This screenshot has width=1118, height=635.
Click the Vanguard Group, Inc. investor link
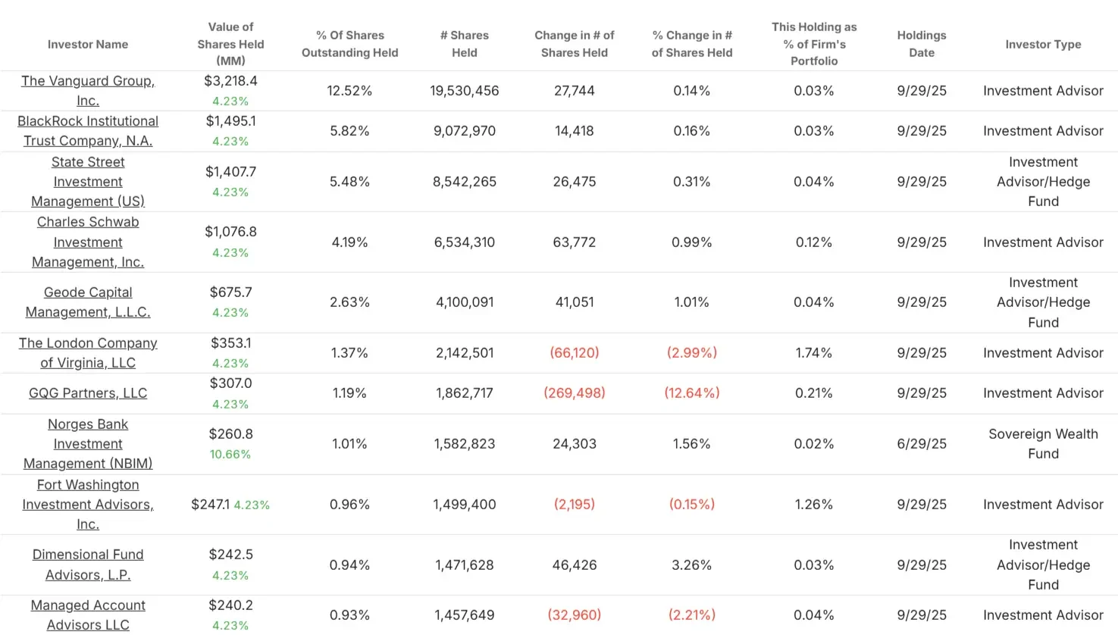88,90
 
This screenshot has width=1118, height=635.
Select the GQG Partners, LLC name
88,393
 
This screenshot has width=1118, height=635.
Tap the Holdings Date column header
922,44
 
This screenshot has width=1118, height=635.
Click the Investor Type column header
1043,44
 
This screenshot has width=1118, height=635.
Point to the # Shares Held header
465,44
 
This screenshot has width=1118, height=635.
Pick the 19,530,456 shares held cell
465,91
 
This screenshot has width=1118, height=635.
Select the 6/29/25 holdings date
922,444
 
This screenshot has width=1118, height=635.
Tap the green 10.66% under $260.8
230,455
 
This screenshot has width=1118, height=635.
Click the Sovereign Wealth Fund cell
1043,444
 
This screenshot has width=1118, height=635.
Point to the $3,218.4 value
231,81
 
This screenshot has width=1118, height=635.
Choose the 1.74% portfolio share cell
814,353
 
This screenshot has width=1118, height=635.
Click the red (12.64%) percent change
692,393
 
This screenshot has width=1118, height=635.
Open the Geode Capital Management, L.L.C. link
88,302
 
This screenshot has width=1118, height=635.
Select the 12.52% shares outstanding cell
349,91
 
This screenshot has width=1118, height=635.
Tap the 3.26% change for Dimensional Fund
692,565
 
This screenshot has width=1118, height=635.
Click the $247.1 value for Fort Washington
210,505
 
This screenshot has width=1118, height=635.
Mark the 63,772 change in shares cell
575,242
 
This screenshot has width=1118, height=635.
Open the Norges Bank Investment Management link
88,444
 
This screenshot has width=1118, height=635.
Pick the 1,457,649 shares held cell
465,615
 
